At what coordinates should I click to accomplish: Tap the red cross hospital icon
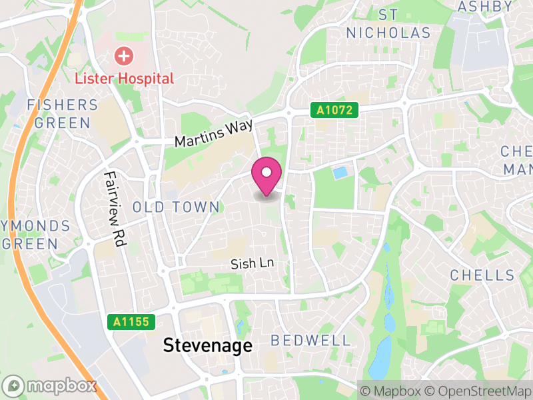[123, 55]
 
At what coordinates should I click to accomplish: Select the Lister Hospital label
[124, 78]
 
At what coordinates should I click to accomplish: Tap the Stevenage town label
[208, 345]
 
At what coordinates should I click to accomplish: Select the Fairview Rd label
[115, 209]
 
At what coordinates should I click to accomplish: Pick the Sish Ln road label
[253, 264]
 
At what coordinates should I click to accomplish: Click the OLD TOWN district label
[176, 207]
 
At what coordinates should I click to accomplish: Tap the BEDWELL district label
[310, 341]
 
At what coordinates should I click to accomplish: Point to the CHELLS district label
[482, 275]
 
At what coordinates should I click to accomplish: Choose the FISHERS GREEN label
[62, 114]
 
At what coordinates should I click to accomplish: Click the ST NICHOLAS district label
[388, 23]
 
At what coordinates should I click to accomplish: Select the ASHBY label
[484, 7]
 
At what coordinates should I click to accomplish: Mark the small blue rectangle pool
[340, 173]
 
